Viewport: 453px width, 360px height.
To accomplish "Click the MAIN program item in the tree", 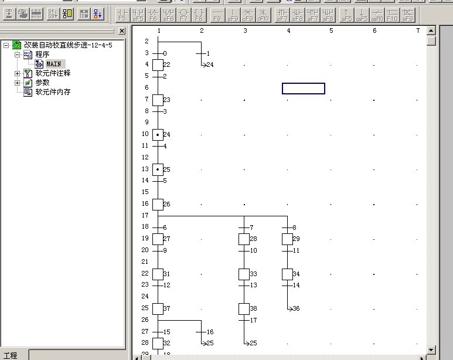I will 53,64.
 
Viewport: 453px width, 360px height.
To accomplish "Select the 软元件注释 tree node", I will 52,73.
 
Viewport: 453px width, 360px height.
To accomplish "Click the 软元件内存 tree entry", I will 53,92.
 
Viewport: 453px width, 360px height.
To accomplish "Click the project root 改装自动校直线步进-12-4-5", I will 67,45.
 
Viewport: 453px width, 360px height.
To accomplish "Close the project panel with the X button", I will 122,31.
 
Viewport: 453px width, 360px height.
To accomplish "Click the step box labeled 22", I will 158,64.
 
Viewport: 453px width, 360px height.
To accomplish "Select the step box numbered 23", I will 158,100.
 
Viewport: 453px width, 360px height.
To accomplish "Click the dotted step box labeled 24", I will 158,135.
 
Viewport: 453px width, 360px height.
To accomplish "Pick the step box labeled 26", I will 158,204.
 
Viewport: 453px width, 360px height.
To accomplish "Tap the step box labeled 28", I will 244,239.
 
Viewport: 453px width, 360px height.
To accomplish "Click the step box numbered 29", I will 287,239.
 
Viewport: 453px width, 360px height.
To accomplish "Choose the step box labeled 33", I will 244,274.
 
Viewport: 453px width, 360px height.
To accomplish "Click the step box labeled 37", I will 158,308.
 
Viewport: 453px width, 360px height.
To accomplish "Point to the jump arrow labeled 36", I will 293,308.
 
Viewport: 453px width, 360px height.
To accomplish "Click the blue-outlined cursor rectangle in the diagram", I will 304,89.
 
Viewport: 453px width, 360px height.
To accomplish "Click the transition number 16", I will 209,332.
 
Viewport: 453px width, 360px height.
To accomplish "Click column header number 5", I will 331,30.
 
